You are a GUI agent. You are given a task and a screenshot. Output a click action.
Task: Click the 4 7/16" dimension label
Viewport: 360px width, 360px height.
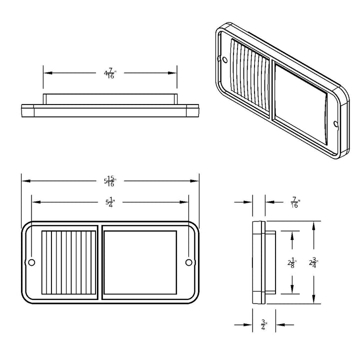click(x=110, y=73)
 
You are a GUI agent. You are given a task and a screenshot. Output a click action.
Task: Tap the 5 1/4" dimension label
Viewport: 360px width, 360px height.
click(x=110, y=202)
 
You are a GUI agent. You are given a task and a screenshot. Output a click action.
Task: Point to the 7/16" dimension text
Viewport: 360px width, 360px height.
click(x=295, y=202)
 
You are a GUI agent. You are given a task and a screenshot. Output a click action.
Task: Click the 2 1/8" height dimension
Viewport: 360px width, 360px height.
click(x=292, y=263)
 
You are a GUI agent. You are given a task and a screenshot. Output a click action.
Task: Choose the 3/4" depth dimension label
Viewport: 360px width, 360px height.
click(x=264, y=325)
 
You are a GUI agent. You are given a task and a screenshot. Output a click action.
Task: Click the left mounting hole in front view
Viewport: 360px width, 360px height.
click(x=31, y=262)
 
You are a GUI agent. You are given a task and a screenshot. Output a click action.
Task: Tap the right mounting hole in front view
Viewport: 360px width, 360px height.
click(x=188, y=262)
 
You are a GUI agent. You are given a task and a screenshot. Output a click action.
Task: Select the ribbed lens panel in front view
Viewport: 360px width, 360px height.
click(x=68, y=262)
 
